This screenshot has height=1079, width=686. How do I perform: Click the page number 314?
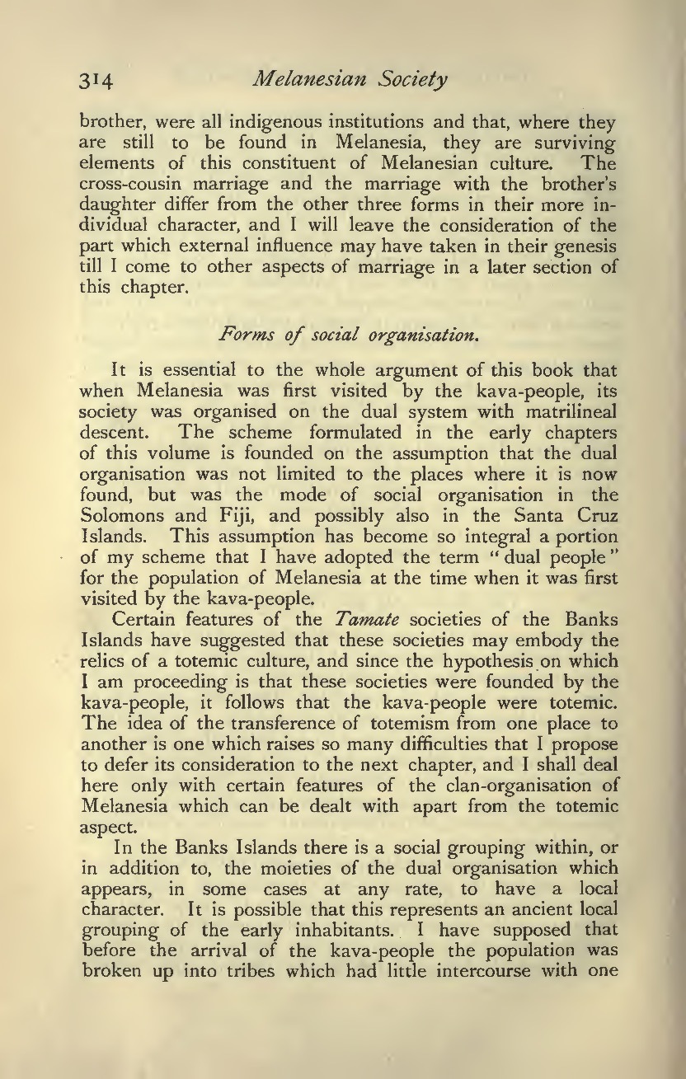[x=96, y=81]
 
